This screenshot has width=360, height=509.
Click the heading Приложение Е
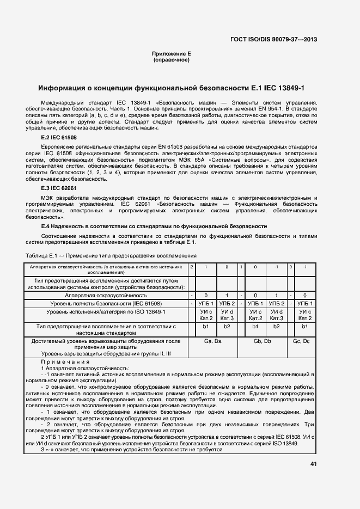171,54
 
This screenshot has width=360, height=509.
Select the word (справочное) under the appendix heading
171,60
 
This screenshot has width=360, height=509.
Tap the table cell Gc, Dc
301,340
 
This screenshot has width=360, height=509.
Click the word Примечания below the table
65,362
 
